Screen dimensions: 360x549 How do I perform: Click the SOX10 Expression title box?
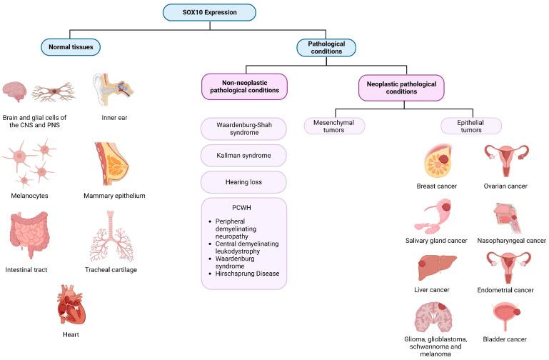click(x=209, y=12)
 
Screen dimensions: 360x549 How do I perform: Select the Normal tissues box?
click(x=71, y=48)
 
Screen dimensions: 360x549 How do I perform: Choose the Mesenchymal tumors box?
click(x=334, y=126)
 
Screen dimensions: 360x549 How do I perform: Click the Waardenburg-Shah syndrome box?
click(x=243, y=128)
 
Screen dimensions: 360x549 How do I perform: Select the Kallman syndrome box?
click(x=243, y=155)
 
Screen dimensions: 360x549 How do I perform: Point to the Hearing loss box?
click(x=243, y=182)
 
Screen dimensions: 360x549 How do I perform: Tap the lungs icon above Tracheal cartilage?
click(x=110, y=236)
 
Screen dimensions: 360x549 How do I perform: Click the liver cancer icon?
click(x=435, y=269)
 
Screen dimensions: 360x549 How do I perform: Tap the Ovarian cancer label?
click(x=504, y=186)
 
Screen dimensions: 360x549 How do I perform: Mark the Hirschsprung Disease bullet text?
click(x=246, y=274)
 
